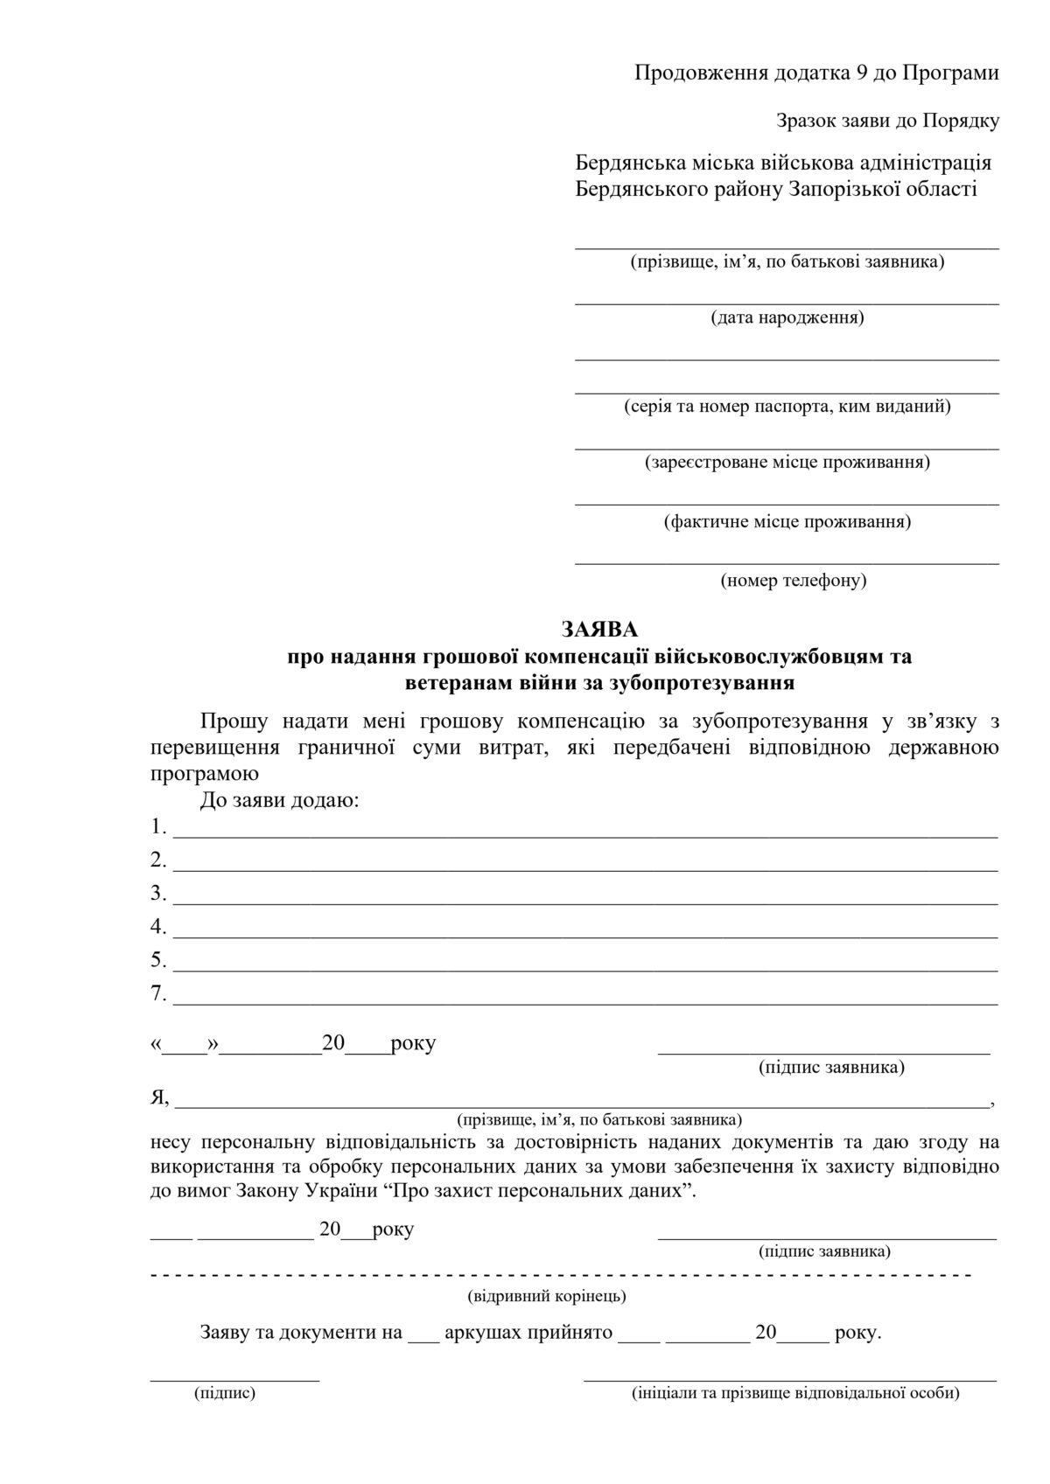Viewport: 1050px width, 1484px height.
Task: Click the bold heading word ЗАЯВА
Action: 599,629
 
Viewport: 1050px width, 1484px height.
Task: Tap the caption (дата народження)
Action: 787,317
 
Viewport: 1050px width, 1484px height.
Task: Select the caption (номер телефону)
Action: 793,580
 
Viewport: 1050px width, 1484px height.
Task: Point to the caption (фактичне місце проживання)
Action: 787,522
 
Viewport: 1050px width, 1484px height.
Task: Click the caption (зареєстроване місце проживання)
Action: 787,462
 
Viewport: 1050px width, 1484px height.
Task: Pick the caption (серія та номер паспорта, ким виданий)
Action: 787,407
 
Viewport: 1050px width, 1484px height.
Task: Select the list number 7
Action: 157,993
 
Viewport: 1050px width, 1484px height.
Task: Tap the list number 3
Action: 157,893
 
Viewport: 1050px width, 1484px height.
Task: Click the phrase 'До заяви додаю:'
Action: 279,800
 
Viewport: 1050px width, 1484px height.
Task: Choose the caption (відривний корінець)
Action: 547,1295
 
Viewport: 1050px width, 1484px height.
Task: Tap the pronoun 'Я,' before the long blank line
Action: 160,1097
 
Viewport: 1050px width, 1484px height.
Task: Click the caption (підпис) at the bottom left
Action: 225,1393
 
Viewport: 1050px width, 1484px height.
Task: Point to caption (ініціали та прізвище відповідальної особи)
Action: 794,1393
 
